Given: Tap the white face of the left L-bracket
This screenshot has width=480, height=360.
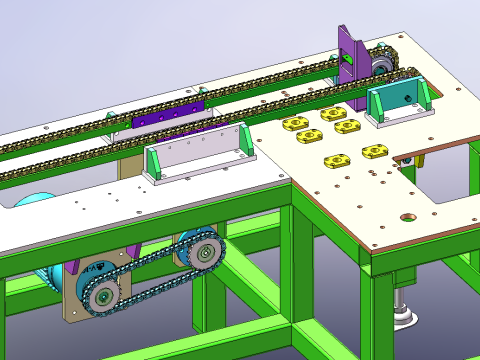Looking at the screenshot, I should [x=196, y=152].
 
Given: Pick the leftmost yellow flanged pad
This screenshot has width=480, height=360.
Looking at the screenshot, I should [x=294, y=123].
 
